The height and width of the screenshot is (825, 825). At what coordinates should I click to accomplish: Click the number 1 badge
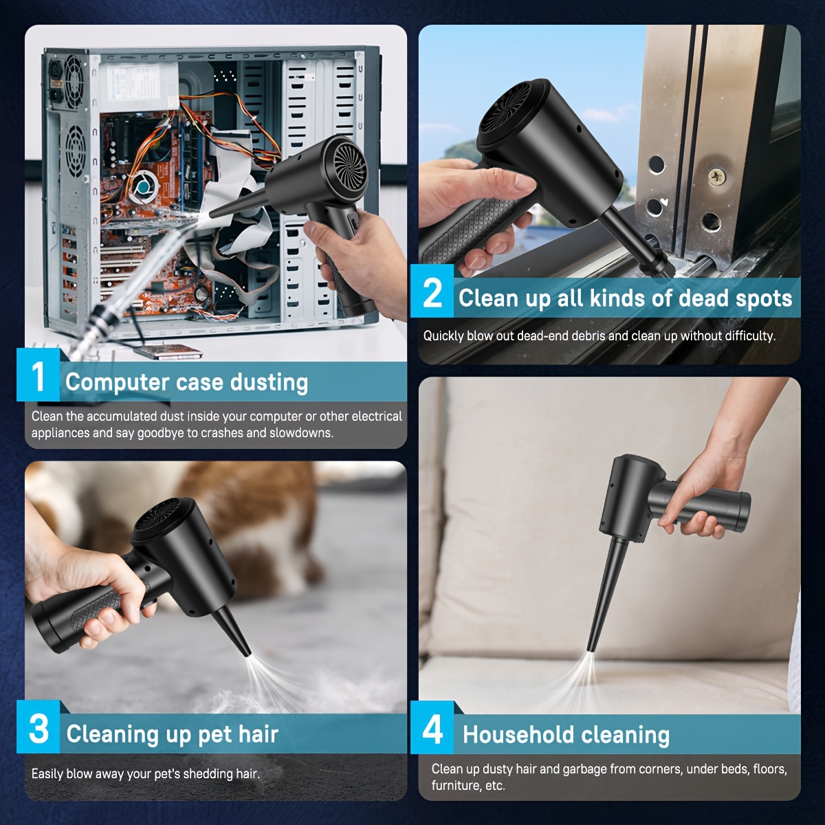coord(38,375)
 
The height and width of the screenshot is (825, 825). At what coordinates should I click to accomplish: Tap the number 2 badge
coord(432,291)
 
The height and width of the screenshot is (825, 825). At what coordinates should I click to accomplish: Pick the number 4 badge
coord(432,727)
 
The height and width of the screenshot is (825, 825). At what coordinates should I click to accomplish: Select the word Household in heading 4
coord(518,735)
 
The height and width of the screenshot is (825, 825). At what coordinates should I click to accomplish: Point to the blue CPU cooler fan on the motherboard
coord(146,188)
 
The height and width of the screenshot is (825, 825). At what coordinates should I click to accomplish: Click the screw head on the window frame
coord(716,177)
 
